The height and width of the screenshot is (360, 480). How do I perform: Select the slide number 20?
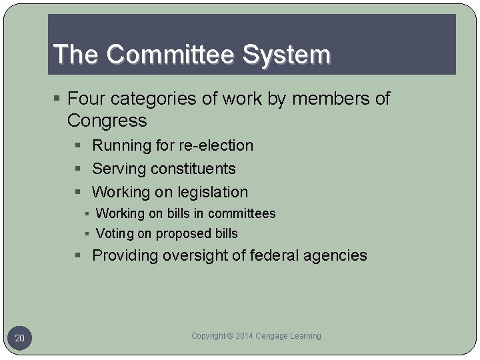pyautogui.click(x=20, y=339)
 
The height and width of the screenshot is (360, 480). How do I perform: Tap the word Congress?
pyautogui.click(x=107, y=121)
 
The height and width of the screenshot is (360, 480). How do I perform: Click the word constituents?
pyautogui.click(x=193, y=169)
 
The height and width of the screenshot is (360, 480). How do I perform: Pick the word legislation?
pyautogui.click(x=212, y=192)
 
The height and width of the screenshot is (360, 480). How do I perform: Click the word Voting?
pyautogui.click(x=115, y=233)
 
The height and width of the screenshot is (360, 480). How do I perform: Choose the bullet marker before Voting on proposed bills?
pyautogui.click(x=87, y=234)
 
